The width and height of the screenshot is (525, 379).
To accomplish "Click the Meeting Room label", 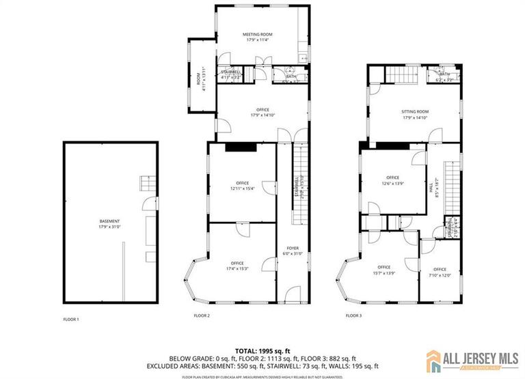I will [258, 36].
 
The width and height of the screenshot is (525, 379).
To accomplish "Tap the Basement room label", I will [109, 223].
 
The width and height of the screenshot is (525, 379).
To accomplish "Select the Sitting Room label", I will [414, 114].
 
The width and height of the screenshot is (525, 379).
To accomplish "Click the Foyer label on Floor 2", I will [293, 251].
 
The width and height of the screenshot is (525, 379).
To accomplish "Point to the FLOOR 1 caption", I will [71, 319].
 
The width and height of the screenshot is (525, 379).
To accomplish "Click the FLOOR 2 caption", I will [202, 315].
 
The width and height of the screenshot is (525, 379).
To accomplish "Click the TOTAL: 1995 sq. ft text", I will [262, 350].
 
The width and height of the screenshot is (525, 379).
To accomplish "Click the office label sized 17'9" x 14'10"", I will [262, 112].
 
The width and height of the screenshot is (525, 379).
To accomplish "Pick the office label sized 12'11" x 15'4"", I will [242, 186].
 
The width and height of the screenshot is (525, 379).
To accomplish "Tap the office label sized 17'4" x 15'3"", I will [237, 266].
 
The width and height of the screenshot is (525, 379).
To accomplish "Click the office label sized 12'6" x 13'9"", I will [392, 180].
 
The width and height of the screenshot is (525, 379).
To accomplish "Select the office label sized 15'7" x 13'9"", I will [383, 270].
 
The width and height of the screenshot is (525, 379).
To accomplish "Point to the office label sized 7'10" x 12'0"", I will [440, 272].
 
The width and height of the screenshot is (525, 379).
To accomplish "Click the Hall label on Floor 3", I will [431, 192].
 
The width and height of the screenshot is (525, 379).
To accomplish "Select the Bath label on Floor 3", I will [444, 77].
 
